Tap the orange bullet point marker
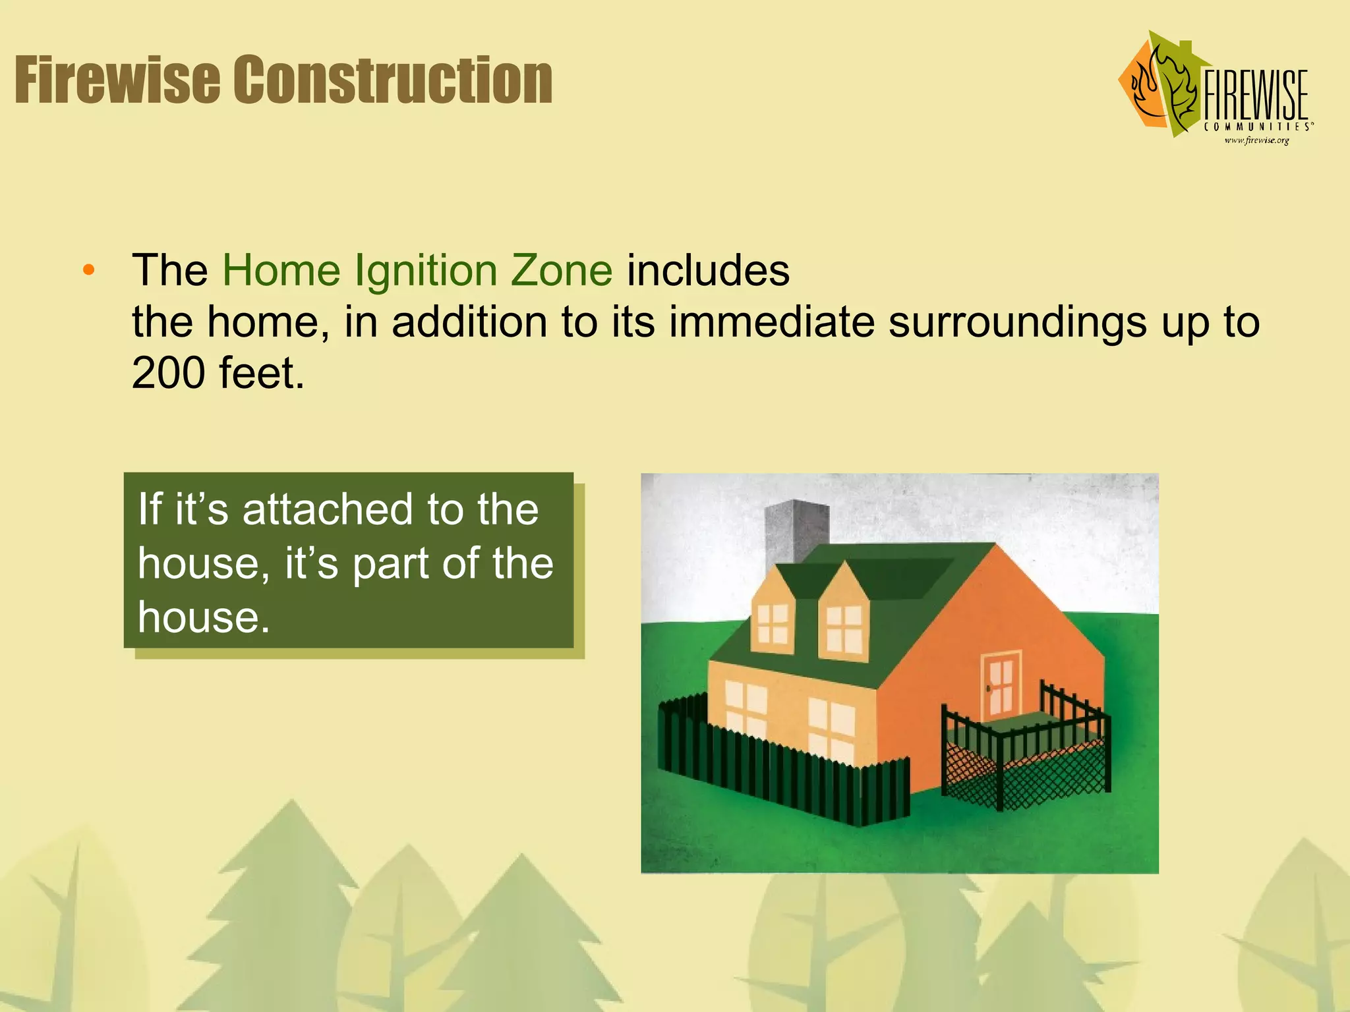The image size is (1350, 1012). [x=89, y=270]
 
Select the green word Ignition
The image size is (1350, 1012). [x=425, y=271]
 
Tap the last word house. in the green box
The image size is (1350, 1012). [x=204, y=617]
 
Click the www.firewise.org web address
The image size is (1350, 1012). [x=1256, y=140]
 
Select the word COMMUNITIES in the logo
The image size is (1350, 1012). [x=1256, y=126]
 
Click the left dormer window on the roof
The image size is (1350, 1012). [x=773, y=623]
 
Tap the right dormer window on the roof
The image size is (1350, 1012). [x=844, y=629]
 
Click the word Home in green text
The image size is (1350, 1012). [x=280, y=270]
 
